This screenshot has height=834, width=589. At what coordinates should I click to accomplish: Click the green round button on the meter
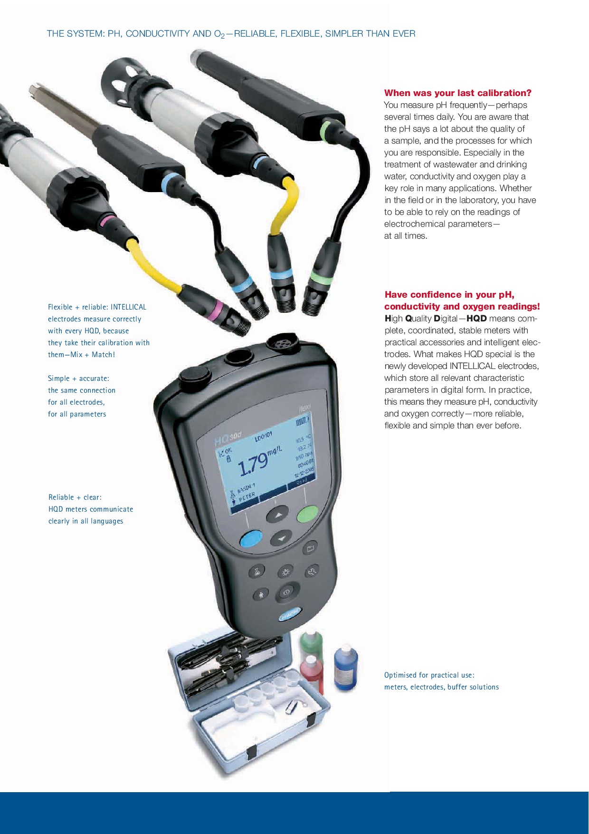pyautogui.click(x=307, y=515)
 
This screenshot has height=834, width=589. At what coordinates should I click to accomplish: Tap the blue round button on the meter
pyautogui.click(x=251, y=539)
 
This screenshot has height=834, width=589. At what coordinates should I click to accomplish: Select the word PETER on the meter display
pyautogui.click(x=247, y=497)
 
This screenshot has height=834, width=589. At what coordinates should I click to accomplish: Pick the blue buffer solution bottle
pyautogui.click(x=346, y=667)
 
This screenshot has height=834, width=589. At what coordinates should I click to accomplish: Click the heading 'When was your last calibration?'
pyautogui.click(x=458, y=93)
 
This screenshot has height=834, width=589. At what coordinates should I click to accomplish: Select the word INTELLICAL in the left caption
pyautogui.click(x=128, y=307)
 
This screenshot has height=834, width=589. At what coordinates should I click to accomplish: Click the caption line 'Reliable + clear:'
pyautogui.click(x=75, y=497)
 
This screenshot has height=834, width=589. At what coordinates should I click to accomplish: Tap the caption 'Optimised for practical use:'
pyautogui.click(x=429, y=675)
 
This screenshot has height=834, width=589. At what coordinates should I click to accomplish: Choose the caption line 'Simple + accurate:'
pyautogui.click(x=78, y=378)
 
